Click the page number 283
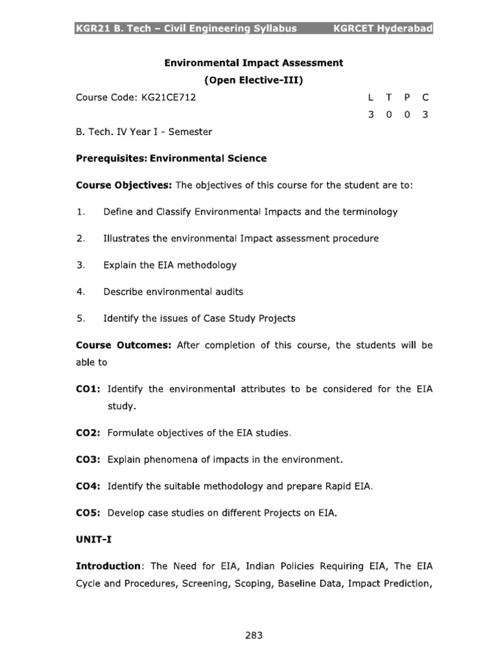point(254,635)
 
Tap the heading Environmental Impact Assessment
point(254,63)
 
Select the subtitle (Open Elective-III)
point(253,81)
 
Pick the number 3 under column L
point(370,115)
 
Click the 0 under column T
point(388,115)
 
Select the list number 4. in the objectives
point(81,292)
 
